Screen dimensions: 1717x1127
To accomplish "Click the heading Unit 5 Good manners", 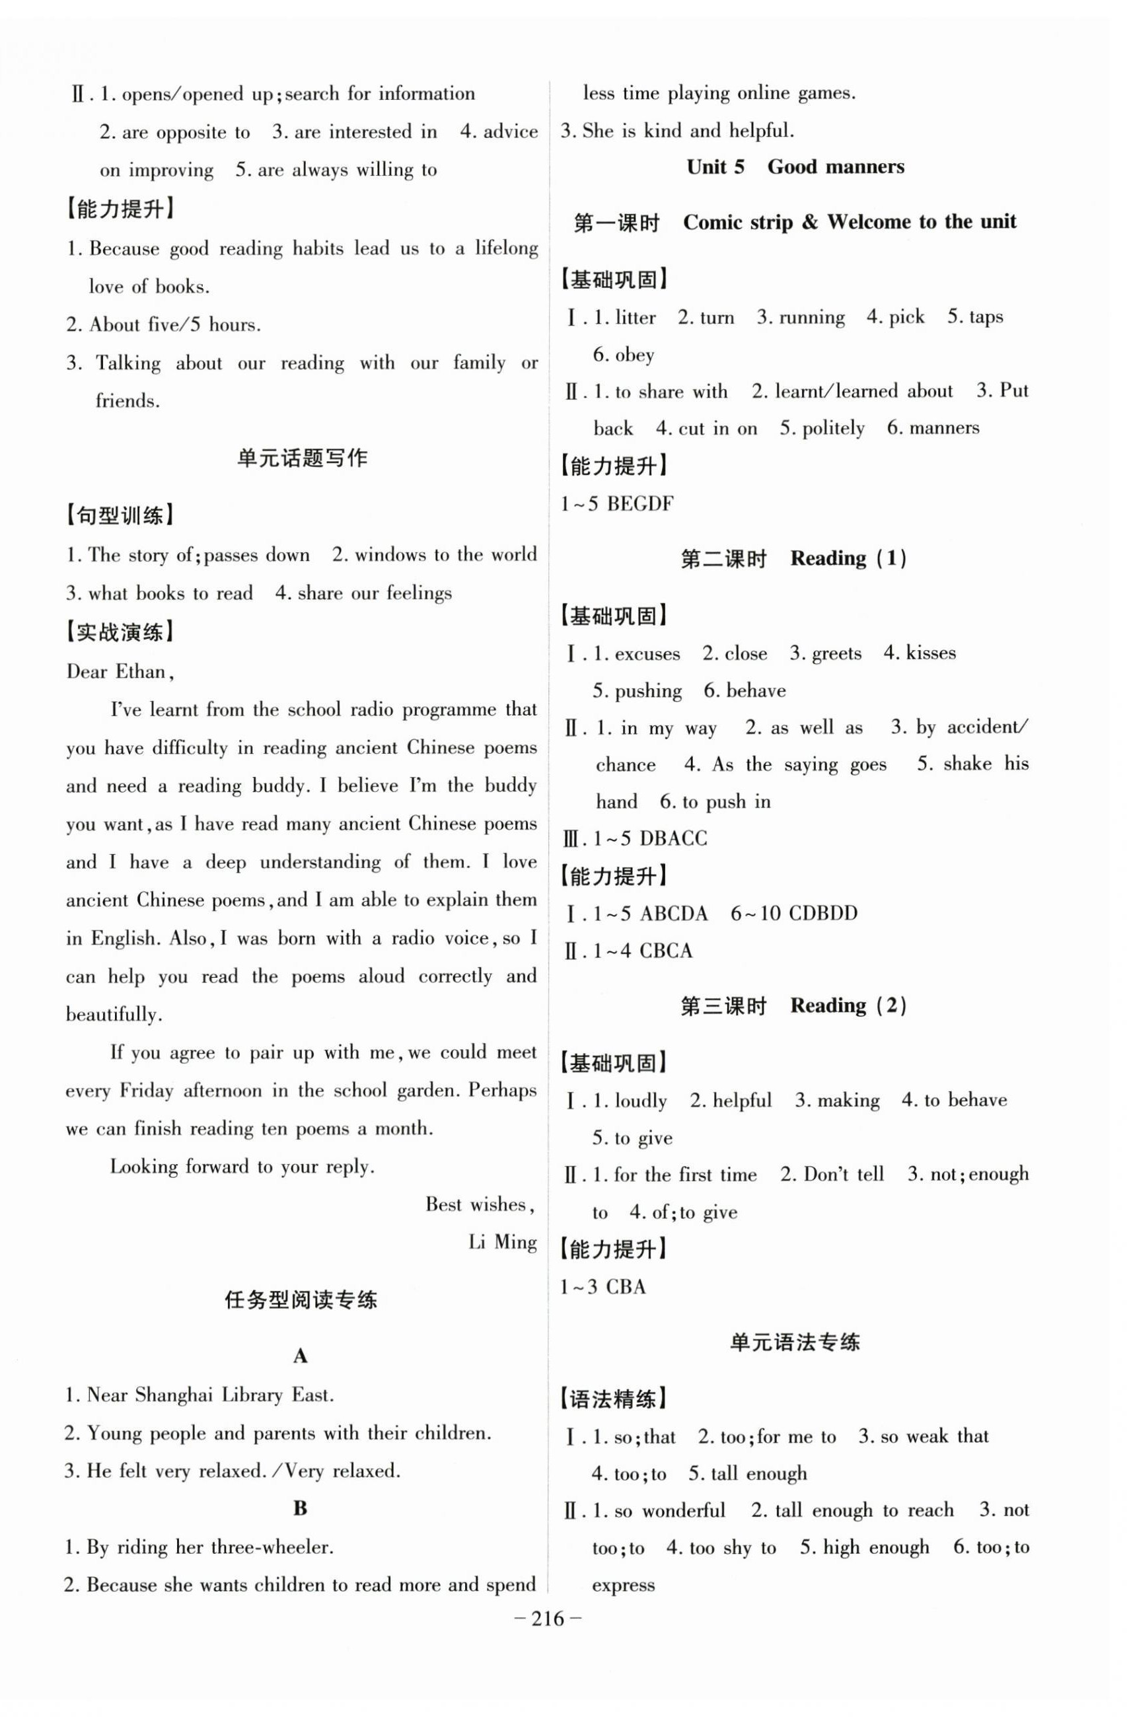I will click(795, 167).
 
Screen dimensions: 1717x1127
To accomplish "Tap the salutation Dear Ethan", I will click(119, 672).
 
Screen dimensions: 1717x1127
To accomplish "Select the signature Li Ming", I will click(502, 1242).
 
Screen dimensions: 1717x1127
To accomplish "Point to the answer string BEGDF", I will click(640, 503).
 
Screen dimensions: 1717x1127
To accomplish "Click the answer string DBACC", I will click(673, 838).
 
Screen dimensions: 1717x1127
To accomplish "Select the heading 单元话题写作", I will click(303, 458).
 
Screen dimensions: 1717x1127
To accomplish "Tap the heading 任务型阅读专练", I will click(301, 1300).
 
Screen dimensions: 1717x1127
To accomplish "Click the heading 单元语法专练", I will click(795, 1342).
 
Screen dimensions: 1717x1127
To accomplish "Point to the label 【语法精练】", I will click(613, 1400).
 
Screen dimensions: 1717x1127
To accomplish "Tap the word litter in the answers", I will click(635, 317).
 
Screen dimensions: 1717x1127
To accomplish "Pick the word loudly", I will click(640, 1101).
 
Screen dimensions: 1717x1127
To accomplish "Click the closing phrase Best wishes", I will click(479, 1204).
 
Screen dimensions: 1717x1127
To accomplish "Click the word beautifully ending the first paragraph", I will click(113, 1014).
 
